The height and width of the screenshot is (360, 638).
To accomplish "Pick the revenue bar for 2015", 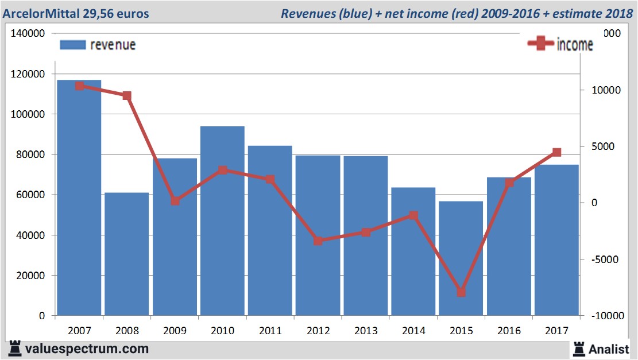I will [x=461, y=258].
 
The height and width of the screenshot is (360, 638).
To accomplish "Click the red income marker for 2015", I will [x=461, y=292].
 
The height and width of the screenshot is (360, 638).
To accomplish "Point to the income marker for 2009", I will [x=175, y=201].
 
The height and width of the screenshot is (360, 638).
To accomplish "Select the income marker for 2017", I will [x=556, y=152].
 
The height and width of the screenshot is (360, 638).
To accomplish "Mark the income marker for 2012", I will [x=318, y=241].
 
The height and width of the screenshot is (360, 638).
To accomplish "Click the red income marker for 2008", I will [x=127, y=96].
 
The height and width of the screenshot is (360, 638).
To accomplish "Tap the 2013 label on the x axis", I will [x=366, y=331].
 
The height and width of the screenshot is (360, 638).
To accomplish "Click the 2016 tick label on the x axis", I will [x=509, y=331].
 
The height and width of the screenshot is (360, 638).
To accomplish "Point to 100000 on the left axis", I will [x=29, y=114].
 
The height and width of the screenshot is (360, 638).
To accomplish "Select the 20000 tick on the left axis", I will [x=31, y=276].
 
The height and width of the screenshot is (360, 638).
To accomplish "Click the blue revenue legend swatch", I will [x=72, y=45].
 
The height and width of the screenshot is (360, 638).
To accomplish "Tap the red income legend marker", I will [x=541, y=44].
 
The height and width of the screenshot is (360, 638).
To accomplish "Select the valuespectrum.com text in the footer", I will [x=87, y=349].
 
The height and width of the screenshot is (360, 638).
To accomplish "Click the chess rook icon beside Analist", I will [x=579, y=349].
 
